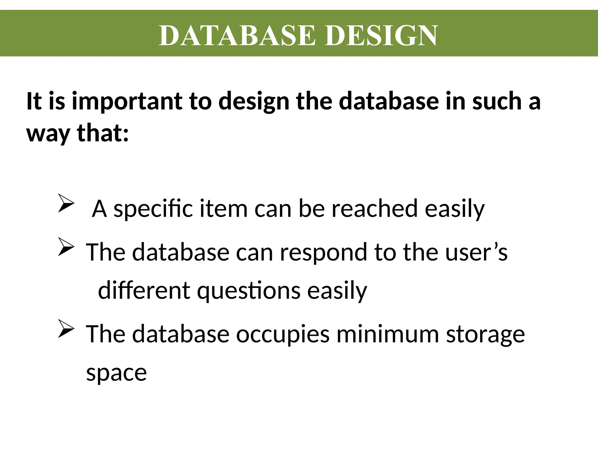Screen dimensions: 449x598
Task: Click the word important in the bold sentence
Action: point(127,102)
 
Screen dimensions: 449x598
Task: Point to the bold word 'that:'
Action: point(102,133)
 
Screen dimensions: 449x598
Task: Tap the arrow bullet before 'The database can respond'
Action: point(66,247)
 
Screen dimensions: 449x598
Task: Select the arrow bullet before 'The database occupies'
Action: point(66,329)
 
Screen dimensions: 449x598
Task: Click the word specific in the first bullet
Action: point(153,209)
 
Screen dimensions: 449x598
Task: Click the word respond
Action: point(324,253)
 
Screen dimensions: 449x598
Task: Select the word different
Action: point(144,291)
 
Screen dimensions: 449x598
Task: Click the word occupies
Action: point(283,334)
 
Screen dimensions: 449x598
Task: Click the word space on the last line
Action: point(116,373)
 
